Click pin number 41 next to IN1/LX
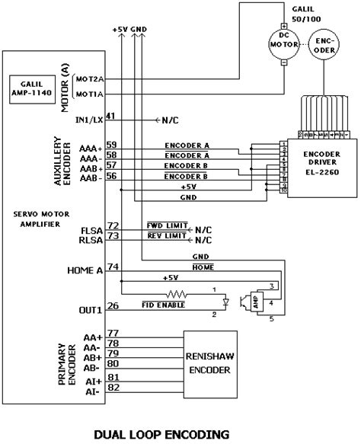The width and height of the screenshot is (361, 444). tap(112, 116)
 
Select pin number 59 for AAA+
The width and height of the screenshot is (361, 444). tap(112, 145)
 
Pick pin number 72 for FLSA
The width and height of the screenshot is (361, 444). tap(112, 226)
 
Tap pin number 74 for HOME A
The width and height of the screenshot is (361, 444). tap(112, 267)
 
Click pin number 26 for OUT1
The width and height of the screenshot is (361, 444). tap(112, 307)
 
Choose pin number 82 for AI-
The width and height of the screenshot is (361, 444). tap(112, 388)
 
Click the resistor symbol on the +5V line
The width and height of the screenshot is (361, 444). tap(177, 292)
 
